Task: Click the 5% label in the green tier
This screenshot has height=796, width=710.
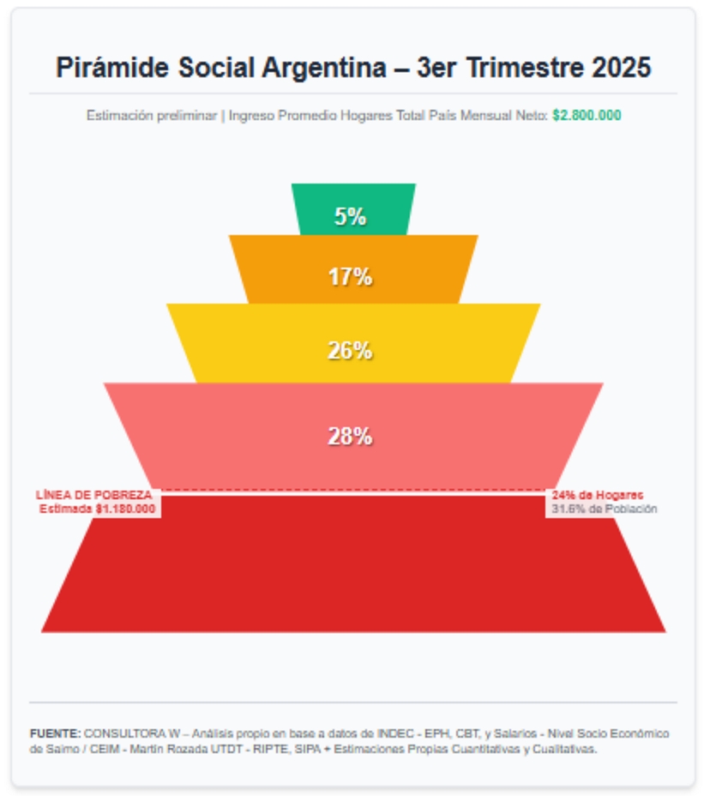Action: [x=350, y=216]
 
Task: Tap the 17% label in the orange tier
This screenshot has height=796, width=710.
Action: [x=350, y=276]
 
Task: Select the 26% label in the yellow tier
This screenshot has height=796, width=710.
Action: [x=350, y=350]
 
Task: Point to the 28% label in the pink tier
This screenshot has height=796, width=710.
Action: [x=350, y=436]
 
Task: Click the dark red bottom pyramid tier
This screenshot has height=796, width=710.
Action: [x=353, y=575]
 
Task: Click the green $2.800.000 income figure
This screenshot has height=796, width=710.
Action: [x=587, y=115]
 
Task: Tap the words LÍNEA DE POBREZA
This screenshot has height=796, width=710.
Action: [x=94, y=495]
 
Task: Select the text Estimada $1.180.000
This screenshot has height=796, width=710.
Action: [x=98, y=509]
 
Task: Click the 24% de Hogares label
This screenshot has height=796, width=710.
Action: [x=598, y=495]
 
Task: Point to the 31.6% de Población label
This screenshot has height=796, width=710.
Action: [x=604, y=509]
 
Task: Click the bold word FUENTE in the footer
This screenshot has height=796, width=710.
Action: [x=55, y=734]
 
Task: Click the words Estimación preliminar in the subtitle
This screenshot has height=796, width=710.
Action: [x=151, y=115]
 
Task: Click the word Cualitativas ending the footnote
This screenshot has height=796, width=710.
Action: [x=561, y=749]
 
